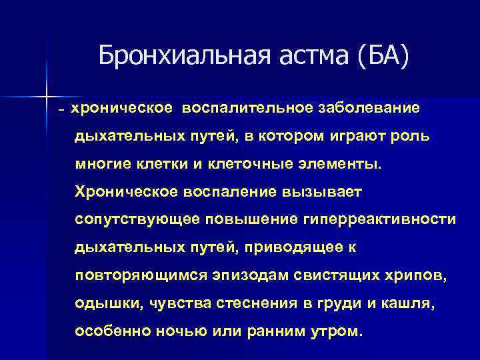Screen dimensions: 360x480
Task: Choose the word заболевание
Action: pos(368,107)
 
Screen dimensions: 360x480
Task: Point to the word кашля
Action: pos(409,304)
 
